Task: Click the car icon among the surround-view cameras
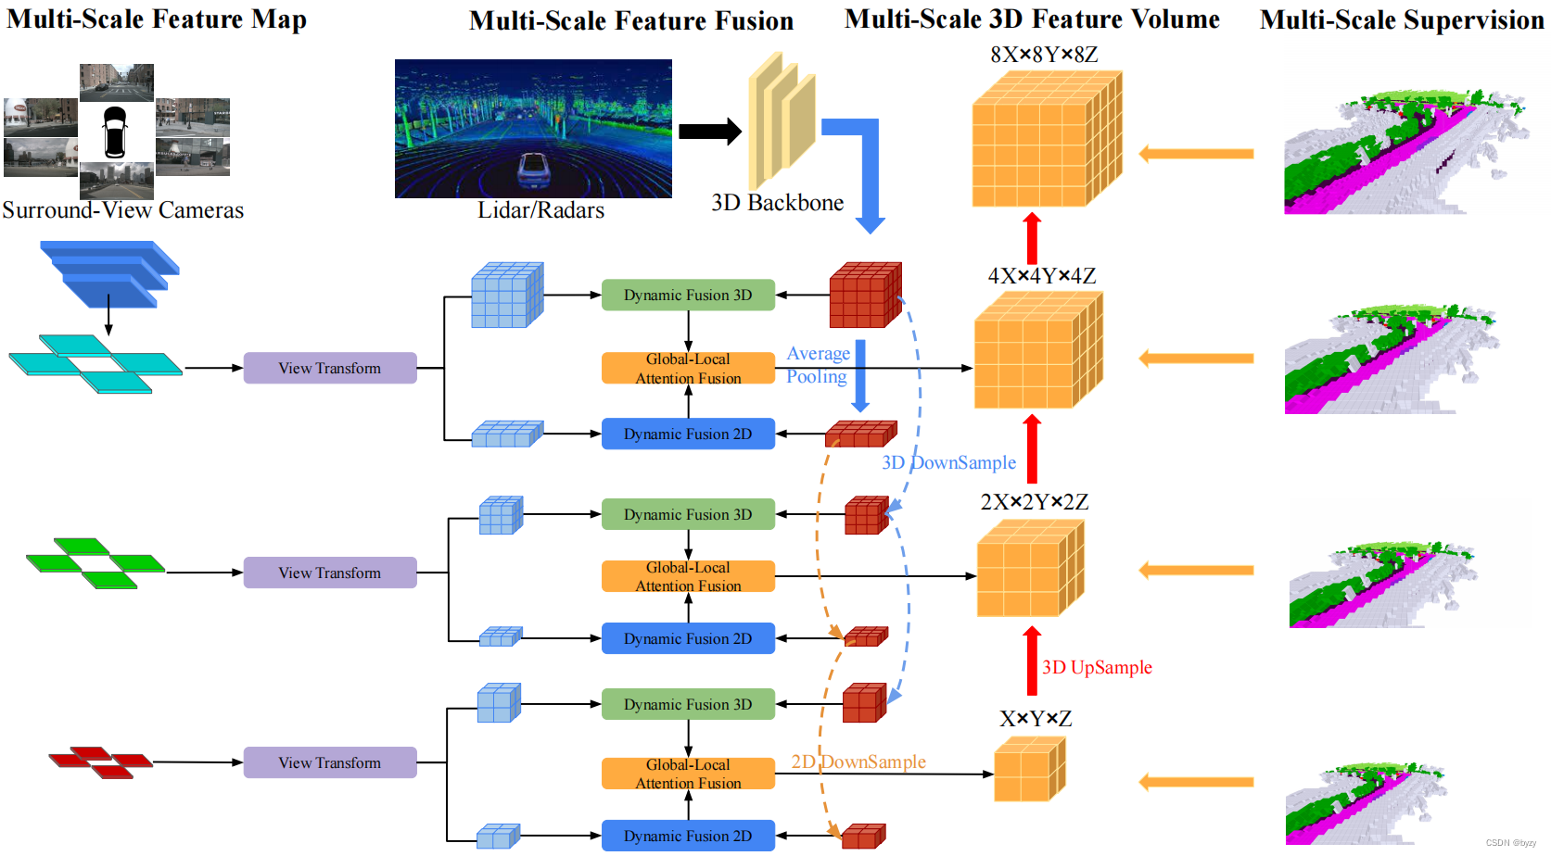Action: (x=114, y=132)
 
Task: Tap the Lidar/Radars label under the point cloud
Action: (x=540, y=210)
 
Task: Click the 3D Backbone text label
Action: (x=777, y=203)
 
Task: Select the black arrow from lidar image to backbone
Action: (x=709, y=132)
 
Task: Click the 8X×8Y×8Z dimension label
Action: (x=1044, y=55)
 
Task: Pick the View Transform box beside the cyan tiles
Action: (x=329, y=368)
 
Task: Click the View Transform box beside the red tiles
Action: (x=329, y=762)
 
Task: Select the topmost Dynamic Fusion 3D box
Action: (x=687, y=295)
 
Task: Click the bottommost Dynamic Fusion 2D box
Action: (x=687, y=836)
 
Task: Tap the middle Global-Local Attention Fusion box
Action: (x=687, y=576)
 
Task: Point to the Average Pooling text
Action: (x=817, y=365)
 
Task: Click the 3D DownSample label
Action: (x=948, y=462)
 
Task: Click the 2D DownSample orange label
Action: (x=858, y=762)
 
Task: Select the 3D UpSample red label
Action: (x=1097, y=667)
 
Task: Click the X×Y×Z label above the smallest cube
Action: (x=1036, y=719)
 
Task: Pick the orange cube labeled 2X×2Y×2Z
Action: (x=1029, y=569)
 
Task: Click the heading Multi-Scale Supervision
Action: (x=1401, y=20)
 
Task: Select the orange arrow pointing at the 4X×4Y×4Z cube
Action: (x=1196, y=359)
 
